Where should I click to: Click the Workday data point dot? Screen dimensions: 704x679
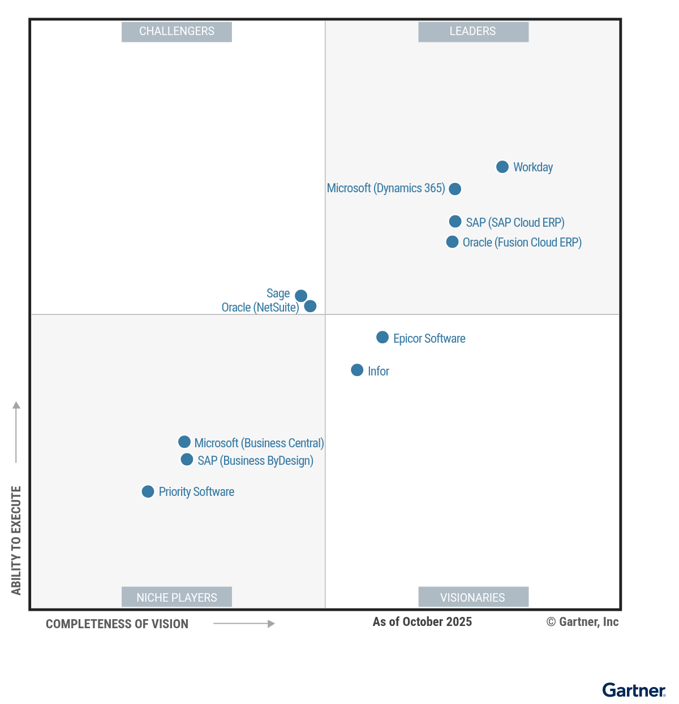click(x=502, y=167)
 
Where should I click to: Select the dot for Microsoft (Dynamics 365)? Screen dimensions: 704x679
click(x=455, y=189)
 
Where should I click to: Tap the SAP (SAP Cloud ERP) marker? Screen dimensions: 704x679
click(x=455, y=222)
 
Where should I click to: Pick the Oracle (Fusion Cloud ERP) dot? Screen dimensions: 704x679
click(x=452, y=242)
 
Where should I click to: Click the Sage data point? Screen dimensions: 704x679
click(x=301, y=296)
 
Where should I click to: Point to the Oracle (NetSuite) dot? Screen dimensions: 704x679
click(x=310, y=306)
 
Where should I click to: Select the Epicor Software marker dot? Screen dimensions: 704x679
click(x=383, y=338)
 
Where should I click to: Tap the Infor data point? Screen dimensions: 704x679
click(x=357, y=370)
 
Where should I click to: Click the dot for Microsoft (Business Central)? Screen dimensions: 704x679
click(x=184, y=442)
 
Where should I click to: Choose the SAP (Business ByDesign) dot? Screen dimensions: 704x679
click(x=187, y=460)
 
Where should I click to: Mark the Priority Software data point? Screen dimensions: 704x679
click(x=148, y=492)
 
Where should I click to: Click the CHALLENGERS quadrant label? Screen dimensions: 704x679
click(x=177, y=32)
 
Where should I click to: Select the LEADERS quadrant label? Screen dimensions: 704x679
click(x=473, y=32)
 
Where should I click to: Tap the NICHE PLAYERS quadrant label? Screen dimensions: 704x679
click(x=177, y=597)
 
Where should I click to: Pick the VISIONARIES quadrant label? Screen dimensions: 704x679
click(x=473, y=597)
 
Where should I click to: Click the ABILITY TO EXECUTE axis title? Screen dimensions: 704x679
click(x=16, y=540)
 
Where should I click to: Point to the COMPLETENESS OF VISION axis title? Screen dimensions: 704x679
click(x=117, y=624)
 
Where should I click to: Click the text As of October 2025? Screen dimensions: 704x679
click(x=422, y=622)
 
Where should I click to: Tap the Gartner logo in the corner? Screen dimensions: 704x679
click(x=634, y=690)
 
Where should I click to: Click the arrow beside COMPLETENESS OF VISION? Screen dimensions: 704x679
click(x=244, y=624)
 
